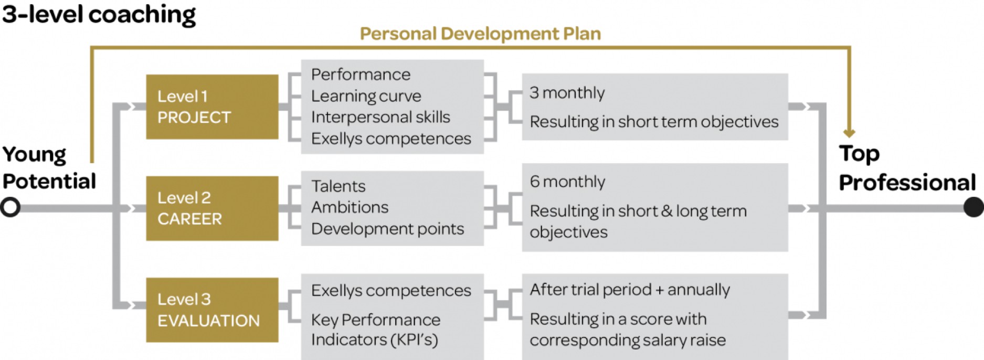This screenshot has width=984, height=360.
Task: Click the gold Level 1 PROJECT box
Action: (212, 107)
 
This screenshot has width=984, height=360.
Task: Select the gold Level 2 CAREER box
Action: (212, 208)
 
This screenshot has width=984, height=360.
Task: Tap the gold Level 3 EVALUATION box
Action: (212, 310)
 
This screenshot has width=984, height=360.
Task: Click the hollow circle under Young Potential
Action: (10, 207)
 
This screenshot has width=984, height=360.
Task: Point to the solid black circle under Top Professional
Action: (974, 207)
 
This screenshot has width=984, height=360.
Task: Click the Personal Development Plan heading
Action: (480, 34)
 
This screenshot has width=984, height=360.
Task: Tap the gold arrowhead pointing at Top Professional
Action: (849, 133)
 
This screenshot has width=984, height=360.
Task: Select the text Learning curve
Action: (366, 96)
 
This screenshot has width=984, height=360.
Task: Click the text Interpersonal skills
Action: (380, 117)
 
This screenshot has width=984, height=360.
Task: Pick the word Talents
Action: (338, 186)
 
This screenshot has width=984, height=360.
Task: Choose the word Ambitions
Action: (350, 207)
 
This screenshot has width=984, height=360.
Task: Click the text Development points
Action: (387, 229)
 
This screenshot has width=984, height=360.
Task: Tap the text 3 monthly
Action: (567, 93)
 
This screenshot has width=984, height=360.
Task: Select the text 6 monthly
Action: (567, 182)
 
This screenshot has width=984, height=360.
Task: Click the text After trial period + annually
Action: (630, 290)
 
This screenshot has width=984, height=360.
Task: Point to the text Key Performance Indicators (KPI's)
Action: (376, 330)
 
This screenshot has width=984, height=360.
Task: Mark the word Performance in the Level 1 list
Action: (361, 75)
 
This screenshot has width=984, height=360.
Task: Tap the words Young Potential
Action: (49, 168)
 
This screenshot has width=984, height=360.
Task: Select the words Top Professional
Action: (907, 168)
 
